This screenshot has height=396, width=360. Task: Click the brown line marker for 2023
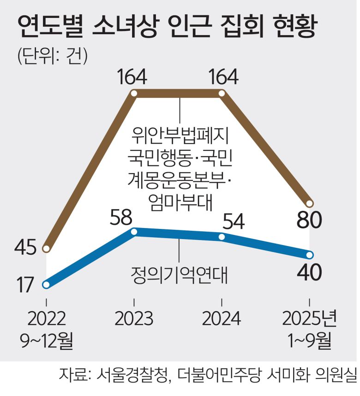(134, 94)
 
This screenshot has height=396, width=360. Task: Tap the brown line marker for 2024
(222, 94)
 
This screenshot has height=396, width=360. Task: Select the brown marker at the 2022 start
(46, 249)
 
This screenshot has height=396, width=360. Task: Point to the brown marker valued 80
(310, 204)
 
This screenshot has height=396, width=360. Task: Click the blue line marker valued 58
(134, 232)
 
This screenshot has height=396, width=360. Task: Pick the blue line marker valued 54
(222, 237)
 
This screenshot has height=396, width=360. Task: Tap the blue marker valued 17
(46, 284)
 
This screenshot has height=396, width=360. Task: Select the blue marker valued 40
(310, 255)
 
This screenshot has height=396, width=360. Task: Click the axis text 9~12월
(46, 342)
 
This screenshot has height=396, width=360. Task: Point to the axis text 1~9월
(310, 342)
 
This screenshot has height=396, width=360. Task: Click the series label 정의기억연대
(180, 275)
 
